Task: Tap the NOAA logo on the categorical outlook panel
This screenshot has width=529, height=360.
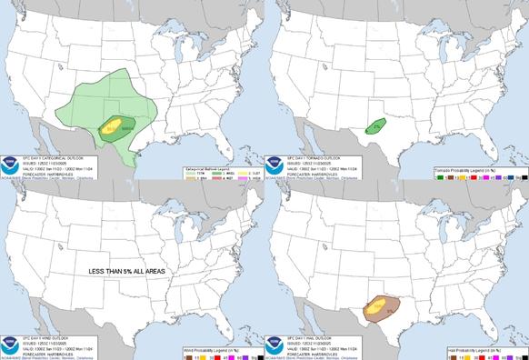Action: (10, 154)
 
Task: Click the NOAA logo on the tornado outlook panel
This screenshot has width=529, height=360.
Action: (274, 154)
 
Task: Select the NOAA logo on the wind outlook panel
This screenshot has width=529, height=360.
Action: (10, 334)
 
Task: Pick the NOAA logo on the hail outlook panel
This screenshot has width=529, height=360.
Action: (274, 334)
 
